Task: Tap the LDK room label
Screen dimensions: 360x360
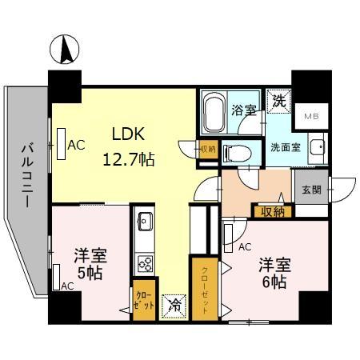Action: click(x=127, y=134)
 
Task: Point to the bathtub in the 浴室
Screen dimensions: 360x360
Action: click(x=213, y=114)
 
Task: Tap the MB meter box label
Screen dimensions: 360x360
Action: click(x=310, y=117)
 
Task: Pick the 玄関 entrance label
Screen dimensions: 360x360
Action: click(x=310, y=190)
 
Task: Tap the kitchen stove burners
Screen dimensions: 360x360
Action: click(x=146, y=262)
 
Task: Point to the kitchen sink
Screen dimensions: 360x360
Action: click(x=146, y=220)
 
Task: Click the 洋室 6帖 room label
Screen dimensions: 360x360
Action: click(x=274, y=272)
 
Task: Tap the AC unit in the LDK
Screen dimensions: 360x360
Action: click(x=62, y=145)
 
